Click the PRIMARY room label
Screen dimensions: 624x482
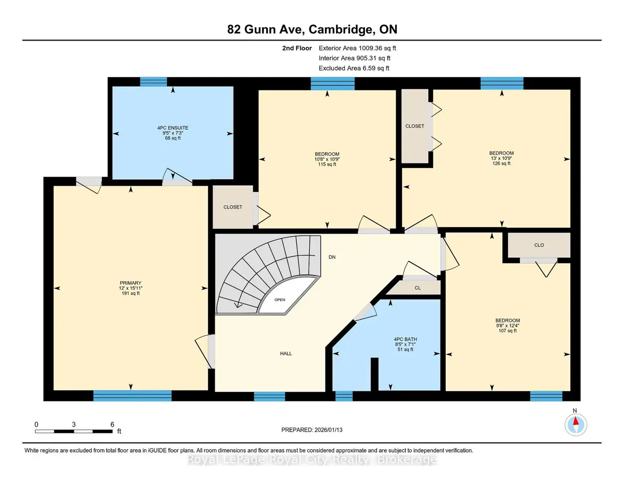(131, 283)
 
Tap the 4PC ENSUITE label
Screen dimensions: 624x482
(173, 128)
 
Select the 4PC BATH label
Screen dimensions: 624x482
(406, 339)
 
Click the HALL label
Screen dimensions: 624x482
(286, 354)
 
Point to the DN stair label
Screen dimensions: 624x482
(332, 257)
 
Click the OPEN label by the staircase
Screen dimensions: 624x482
(280, 299)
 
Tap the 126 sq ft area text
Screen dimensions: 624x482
(501, 163)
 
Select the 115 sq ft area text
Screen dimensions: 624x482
(327, 164)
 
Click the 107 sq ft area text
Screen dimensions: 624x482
(508, 331)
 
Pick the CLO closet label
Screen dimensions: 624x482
(539, 245)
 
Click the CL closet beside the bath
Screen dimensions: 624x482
(418, 288)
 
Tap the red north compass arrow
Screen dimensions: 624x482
(576, 421)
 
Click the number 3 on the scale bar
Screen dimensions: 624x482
(74, 424)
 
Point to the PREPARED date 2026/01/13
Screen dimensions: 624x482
(329, 430)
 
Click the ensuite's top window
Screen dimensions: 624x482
(153, 82)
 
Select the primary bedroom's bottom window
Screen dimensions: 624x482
(133, 396)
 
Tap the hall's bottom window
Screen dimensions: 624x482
(269, 396)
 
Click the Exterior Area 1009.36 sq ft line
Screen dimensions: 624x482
(357, 48)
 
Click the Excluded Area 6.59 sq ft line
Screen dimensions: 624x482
(354, 68)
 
